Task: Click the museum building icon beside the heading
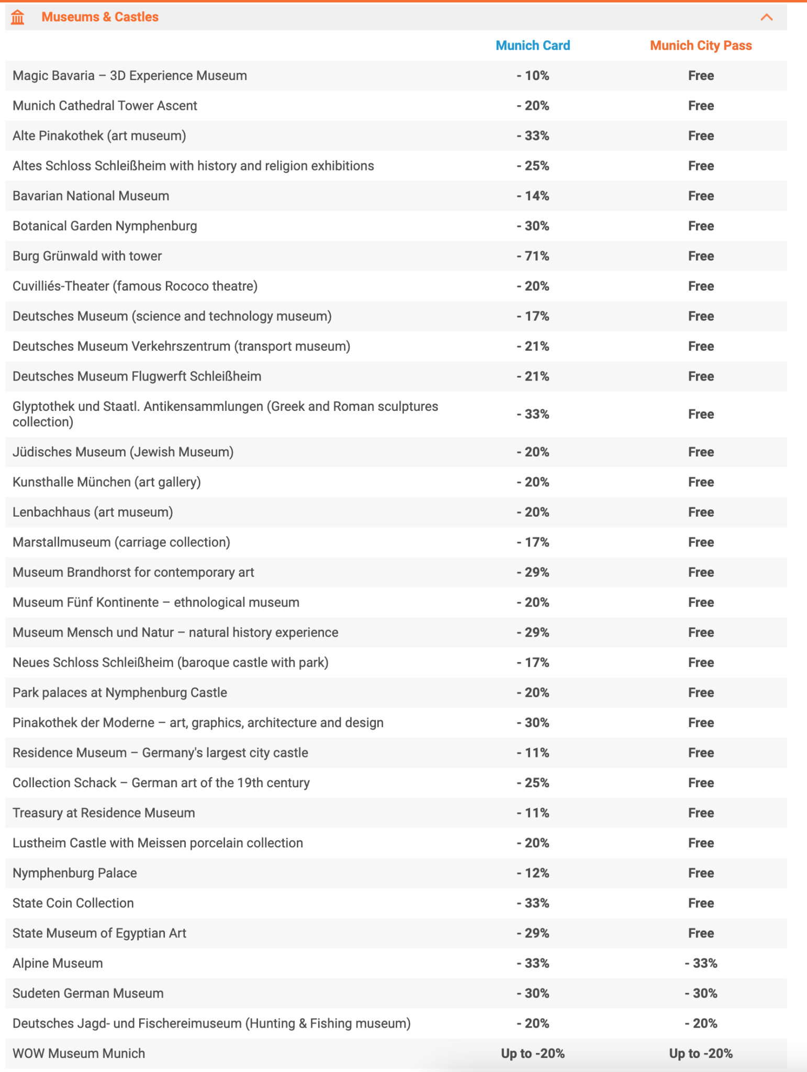click(18, 17)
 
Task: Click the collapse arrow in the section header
click(766, 17)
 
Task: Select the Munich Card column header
click(533, 46)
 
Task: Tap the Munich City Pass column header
click(701, 46)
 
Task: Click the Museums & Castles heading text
click(100, 17)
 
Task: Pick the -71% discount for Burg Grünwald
click(533, 256)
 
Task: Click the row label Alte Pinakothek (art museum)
click(99, 136)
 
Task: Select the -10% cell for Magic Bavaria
click(533, 75)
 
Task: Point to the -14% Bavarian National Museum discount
click(533, 196)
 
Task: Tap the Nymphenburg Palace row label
click(75, 873)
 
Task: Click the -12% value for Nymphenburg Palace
click(533, 873)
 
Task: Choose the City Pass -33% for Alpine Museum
click(701, 963)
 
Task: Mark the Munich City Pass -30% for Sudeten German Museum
click(701, 993)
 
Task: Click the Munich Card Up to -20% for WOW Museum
click(533, 1053)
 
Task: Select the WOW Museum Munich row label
click(79, 1053)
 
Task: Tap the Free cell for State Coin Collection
click(701, 903)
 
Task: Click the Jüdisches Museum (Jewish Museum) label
click(123, 452)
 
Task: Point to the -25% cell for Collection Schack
click(533, 783)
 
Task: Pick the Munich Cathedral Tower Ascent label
click(105, 106)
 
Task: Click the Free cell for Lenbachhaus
click(701, 512)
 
